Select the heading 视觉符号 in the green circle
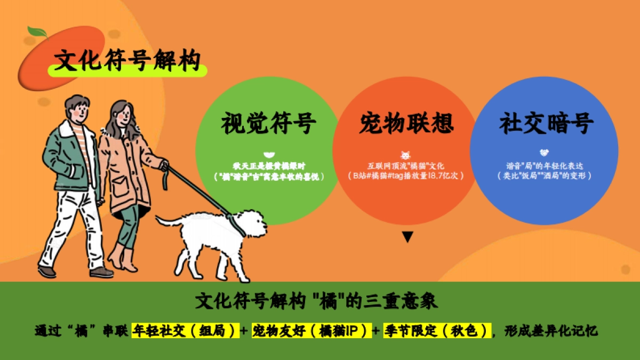point(268,124)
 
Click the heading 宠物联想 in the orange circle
point(406,124)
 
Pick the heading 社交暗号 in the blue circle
point(546,124)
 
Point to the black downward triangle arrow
point(407,237)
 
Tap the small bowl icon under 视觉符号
point(268,154)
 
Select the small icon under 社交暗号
point(544,153)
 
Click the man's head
point(77,109)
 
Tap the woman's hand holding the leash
point(164,165)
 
